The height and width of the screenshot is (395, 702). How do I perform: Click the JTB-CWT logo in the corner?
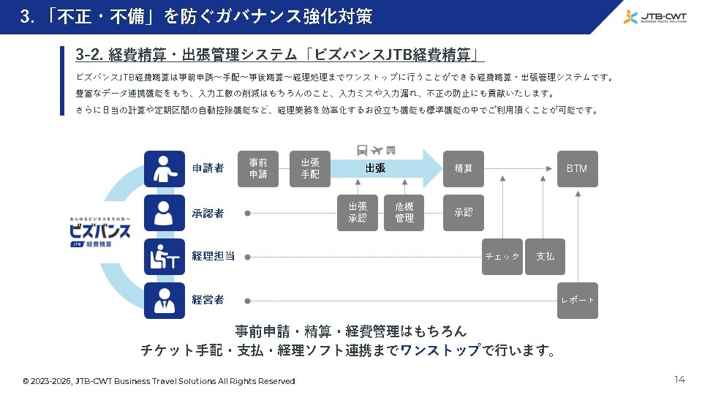655,17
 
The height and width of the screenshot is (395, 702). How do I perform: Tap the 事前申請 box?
258,168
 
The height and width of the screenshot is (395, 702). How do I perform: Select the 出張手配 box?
310,168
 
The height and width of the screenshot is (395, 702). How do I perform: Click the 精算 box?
464,168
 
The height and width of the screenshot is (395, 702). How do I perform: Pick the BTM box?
577,168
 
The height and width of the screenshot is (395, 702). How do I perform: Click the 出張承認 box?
358,213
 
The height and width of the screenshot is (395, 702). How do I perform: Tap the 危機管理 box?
404,213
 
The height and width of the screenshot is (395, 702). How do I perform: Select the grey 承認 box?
464,213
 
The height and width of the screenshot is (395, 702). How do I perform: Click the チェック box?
502,257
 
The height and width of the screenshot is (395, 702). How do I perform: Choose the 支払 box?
545,257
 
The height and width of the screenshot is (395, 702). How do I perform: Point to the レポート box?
577,301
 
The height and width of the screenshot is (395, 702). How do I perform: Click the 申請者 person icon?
165,169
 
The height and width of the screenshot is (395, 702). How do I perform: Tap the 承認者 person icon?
165,213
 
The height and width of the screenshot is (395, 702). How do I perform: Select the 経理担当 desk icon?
165,257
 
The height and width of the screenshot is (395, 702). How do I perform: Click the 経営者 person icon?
165,301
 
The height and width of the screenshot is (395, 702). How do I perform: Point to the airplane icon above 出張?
377,150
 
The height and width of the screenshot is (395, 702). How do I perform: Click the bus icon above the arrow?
362,150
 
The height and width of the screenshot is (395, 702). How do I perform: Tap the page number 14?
679,380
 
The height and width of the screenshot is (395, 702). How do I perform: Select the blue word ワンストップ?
440,350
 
